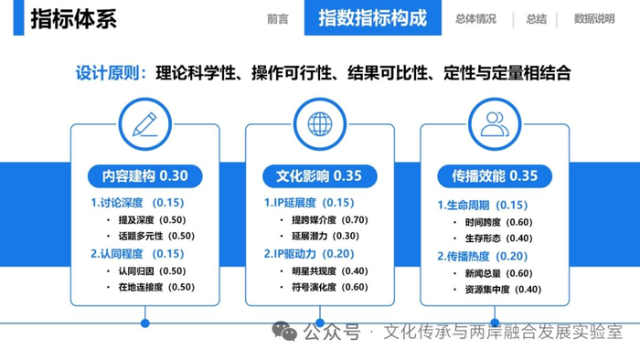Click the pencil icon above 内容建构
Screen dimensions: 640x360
pyautogui.click(x=144, y=124)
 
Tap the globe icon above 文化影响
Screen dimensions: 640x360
pyautogui.click(x=320, y=124)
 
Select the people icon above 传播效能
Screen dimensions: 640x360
pyautogui.click(x=495, y=124)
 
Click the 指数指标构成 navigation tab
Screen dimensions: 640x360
pyautogui.click(x=373, y=18)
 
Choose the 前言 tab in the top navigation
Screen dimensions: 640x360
pyautogui.click(x=278, y=19)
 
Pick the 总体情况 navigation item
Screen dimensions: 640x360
pyautogui.click(x=476, y=19)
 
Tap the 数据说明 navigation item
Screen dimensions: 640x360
pyautogui.click(x=594, y=19)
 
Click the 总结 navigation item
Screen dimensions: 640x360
pyautogui.click(x=537, y=19)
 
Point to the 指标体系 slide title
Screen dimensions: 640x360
pyautogui.click(x=74, y=19)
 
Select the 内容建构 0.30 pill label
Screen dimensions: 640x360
pyautogui.click(x=144, y=176)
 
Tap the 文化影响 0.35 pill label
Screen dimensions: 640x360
pyautogui.click(x=320, y=176)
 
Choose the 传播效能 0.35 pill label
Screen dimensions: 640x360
pyautogui.click(x=495, y=176)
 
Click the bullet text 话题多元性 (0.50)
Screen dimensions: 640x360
pyautogui.click(x=156, y=236)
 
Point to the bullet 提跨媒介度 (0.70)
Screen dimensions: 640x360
pyautogui.click(x=330, y=220)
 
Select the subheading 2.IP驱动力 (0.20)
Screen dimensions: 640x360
pyautogui.click(x=309, y=254)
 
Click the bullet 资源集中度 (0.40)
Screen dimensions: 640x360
pyautogui.click(x=503, y=290)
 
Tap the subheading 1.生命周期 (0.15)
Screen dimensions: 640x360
pyautogui.click(x=483, y=205)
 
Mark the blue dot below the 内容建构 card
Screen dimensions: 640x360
pyautogui.click(x=144, y=323)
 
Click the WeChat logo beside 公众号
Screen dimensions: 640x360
pyautogui.click(x=284, y=331)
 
